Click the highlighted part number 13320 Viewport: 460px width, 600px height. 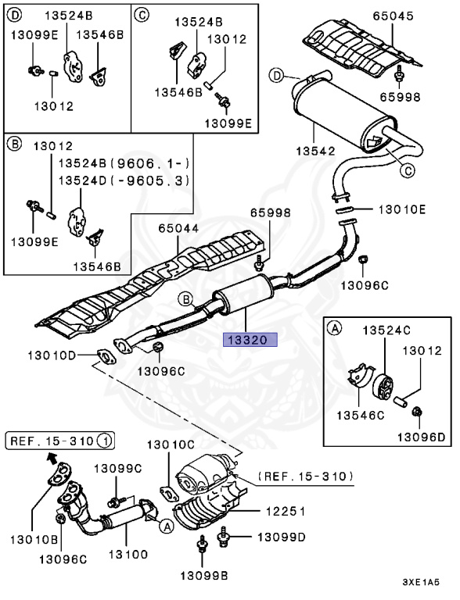pyautogui.click(x=250, y=339)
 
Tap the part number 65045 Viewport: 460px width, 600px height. pyautogui.click(x=394, y=16)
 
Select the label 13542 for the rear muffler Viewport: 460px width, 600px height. pyautogui.click(x=315, y=151)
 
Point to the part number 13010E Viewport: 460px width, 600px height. pyautogui.click(x=402, y=209)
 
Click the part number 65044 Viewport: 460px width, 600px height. pyautogui.click(x=178, y=228)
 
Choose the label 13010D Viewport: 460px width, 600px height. pyautogui.click(x=52, y=355)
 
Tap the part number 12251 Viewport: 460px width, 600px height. pyautogui.click(x=286, y=511)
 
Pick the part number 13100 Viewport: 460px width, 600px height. pyautogui.click(x=128, y=554)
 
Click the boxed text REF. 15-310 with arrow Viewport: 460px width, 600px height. pyautogui.click(x=60, y=441)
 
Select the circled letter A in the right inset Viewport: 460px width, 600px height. pyautogui.click(x=335, y=328)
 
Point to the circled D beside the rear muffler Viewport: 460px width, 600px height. pyautogui.click(x=276, y=75)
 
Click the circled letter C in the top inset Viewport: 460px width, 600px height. pyautogui.click(x=141, y=15)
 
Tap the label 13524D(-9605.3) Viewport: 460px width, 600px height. pyautogui.click(x=124, y=180)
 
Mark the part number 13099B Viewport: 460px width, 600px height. pyautogui.click(x=204, y=575)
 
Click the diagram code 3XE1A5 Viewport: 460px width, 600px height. pyautogui.click(x=421, y=582)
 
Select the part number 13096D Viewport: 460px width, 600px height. pyautogui.click(x=422, y=437)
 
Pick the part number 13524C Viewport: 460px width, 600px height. pyautogui.click(x=386, y=330)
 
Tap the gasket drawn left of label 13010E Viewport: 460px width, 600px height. pyautogui.click(x=345, y=209)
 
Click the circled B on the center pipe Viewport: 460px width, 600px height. pyautogui.click(x=186, y=299)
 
